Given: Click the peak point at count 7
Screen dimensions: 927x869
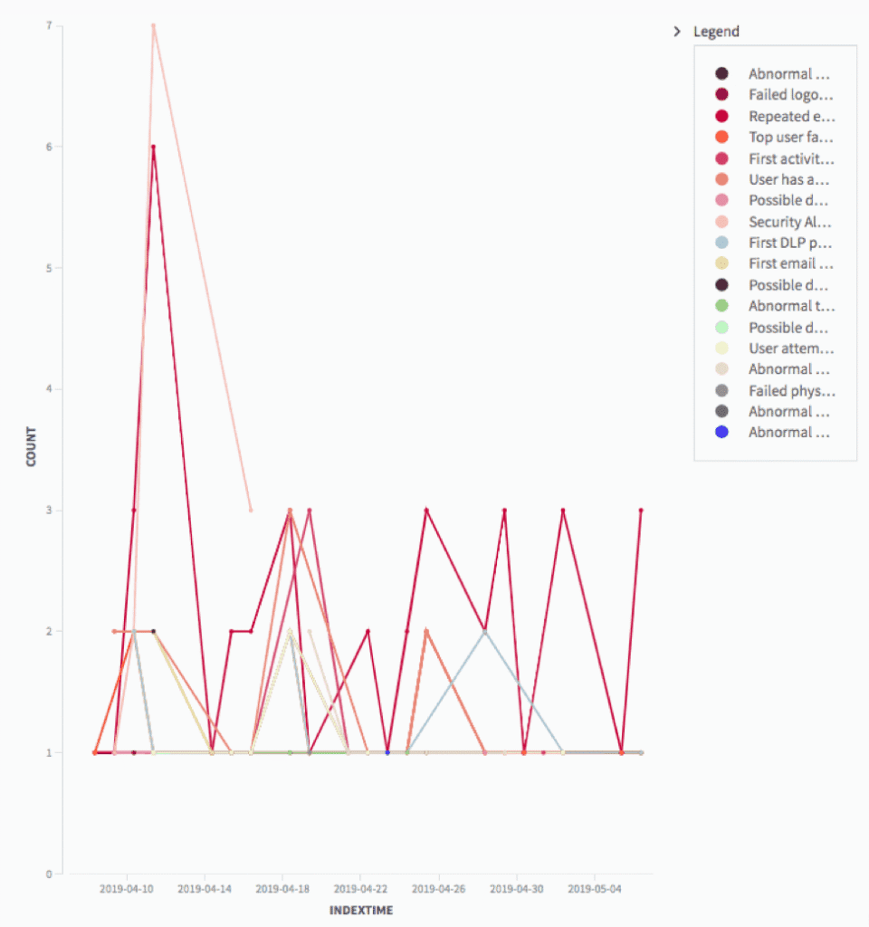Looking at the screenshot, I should (154, 25).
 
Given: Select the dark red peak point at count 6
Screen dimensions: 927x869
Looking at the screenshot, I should (154, 147).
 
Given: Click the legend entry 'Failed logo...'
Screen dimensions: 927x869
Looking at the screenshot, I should (789, 95).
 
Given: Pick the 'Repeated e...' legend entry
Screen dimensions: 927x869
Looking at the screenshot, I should (790, 116).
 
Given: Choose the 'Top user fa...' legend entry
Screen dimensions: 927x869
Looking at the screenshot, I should (790, 137).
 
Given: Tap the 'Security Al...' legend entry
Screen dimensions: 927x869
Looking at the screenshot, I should (790, 222).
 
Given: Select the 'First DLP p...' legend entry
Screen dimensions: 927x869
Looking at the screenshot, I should (790, 243).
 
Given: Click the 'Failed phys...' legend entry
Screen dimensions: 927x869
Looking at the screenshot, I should (790, 390).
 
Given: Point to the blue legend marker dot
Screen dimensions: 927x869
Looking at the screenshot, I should (721, 433).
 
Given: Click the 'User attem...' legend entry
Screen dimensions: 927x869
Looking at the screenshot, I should (790, 349).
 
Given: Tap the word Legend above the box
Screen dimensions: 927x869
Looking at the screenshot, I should (716, 32).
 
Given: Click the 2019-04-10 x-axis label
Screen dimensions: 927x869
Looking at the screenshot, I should (127, 889).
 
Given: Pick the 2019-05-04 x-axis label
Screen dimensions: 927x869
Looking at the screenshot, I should (595, 889).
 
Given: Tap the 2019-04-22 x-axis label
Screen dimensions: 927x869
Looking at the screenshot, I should (360, 889).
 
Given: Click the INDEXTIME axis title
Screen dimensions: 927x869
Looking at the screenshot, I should (360, 910).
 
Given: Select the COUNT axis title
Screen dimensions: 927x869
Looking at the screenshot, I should (32, 446).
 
